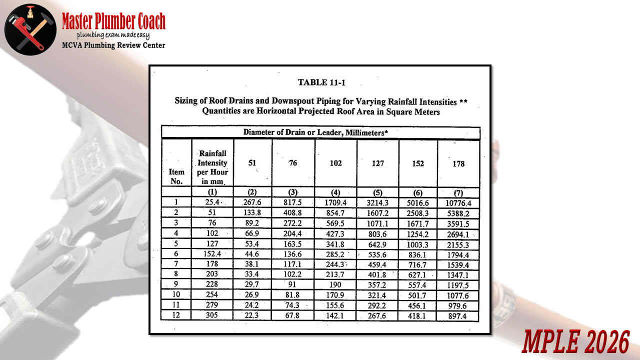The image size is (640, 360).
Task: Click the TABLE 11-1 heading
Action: click(x=321, y=82)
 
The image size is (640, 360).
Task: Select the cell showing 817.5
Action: click(x=293, y=202)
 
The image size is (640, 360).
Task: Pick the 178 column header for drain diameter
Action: click(x=458, y=163)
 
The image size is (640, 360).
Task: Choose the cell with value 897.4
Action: click(x=458, y=316)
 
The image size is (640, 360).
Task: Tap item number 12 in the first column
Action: click(x=176, y=315)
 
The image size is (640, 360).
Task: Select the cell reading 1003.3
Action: click(x=418, y=245)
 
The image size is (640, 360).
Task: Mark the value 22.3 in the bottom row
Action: click(x=252, y=315)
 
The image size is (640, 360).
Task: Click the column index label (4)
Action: click(x=335, y=192)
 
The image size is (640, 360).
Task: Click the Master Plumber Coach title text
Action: click(x=113, y=22)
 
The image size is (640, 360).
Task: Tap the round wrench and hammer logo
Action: click(x=30, y=28)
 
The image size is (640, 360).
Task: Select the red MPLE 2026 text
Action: click(x=575, y=342)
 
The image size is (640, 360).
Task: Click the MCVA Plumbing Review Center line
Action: click(x=113, y=45)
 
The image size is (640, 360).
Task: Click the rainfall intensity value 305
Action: click(x=212, y=315)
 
